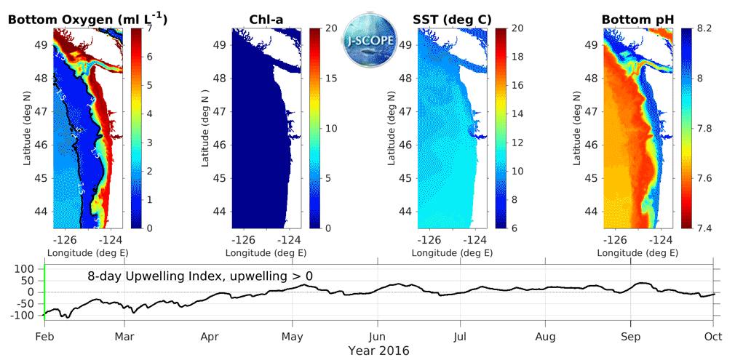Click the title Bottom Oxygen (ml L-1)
[87, 20]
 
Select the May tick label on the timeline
[293, 337]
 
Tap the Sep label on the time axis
[630, 337]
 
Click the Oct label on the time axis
[712, 337]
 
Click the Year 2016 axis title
[378, 350]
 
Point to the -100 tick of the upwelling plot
[24, 316]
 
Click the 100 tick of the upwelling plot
[27, 269]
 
